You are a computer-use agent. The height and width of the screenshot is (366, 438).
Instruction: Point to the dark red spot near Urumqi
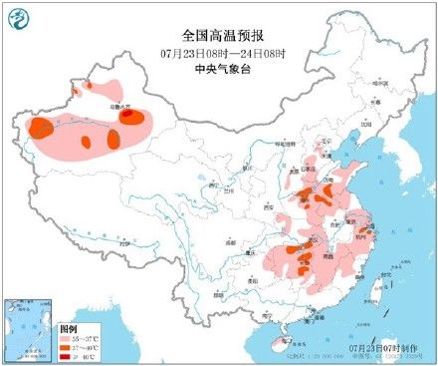click(x=130, y=116)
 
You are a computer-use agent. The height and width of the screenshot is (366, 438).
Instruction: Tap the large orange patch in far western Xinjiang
click(x=42, y=128)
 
